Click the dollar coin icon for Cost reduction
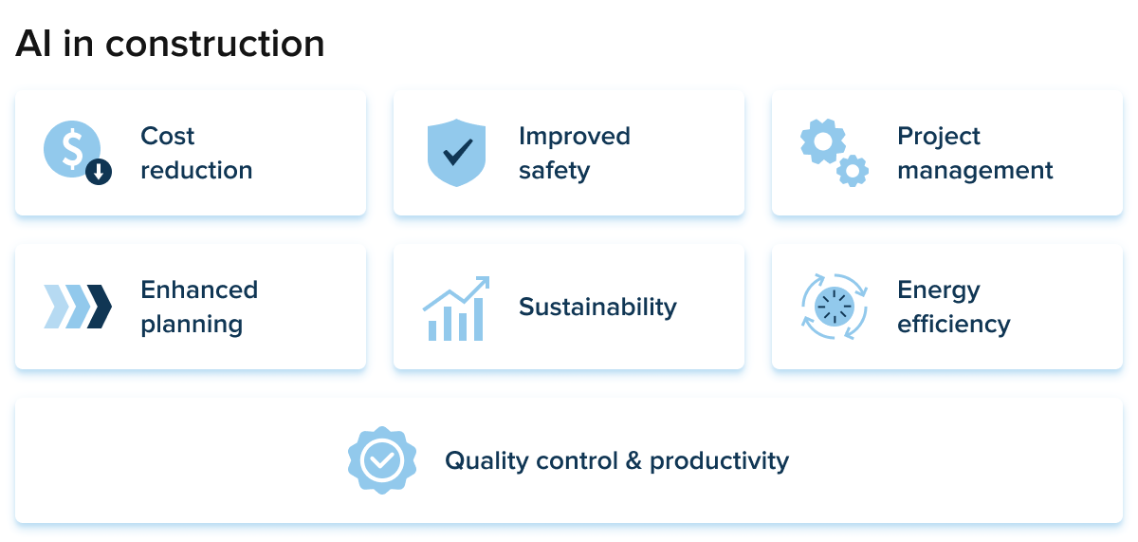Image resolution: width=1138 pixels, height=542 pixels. click(x=72, y=149)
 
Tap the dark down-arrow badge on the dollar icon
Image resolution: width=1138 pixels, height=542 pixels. click(x=99, y=172)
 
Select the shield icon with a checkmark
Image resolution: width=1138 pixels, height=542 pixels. click(x=456, y=153)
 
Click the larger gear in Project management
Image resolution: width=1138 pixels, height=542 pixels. click(x=823, y=141)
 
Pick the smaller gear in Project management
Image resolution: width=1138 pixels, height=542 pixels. click(x=853, y=171)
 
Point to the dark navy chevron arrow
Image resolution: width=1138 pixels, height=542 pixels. click(x=99, y=307)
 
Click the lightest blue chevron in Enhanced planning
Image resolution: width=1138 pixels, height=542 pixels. click(x=56, y=307)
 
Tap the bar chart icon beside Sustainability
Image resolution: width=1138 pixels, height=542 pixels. click(x=456, y=308)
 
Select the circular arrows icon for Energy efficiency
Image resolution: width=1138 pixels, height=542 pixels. click(x=835, y=307)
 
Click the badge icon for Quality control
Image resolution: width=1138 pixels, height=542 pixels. click(x=382, y=460)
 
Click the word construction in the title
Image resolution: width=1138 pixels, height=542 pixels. click(x=215, y=44)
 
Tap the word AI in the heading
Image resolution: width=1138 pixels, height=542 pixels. click(x=33, y=44)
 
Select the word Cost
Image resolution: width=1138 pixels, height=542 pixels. click(x=167, y=137)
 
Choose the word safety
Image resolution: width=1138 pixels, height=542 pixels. click(x=554, y=171)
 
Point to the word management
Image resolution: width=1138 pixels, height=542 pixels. click(x=975, y=171)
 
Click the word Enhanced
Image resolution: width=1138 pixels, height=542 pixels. click(x=199, y=290)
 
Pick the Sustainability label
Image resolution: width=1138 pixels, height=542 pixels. click(x=597, y=308)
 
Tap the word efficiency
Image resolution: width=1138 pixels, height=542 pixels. click(x=954, y=324)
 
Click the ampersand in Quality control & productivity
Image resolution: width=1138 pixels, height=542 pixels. click(x=633, y=460)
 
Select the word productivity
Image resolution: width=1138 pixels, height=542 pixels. click(x=720, y=461)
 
